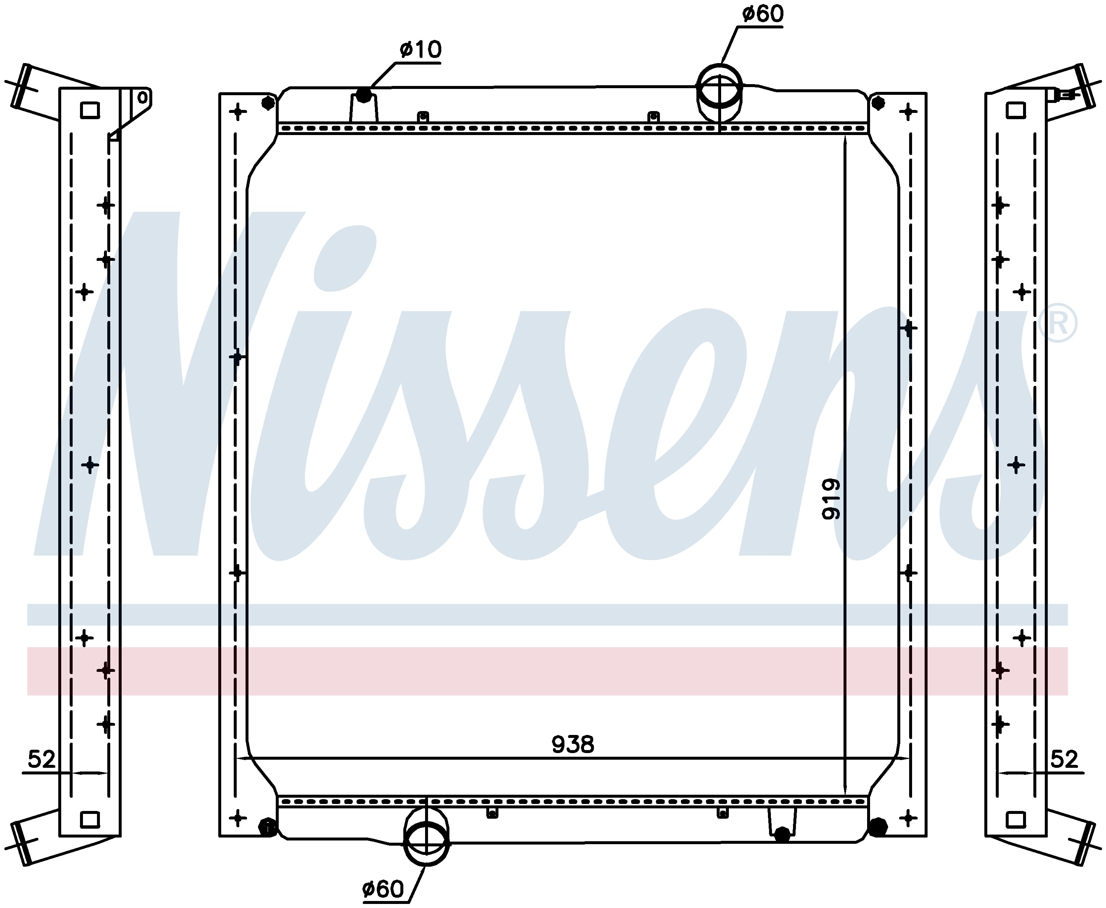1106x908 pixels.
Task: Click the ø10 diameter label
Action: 420,50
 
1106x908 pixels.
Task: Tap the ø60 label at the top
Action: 763,14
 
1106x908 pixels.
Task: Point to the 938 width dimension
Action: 573,744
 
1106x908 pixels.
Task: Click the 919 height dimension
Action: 831,499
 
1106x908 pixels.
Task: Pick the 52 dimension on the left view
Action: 41,759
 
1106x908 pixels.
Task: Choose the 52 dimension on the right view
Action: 1064,759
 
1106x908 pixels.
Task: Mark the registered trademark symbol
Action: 1057,323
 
